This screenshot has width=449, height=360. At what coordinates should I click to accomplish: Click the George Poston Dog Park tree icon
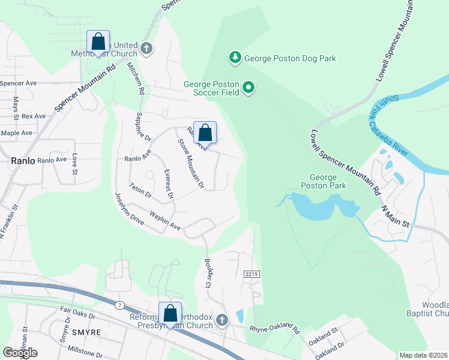point(235,58)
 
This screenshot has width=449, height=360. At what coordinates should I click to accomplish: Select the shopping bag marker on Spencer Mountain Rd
point(98,43)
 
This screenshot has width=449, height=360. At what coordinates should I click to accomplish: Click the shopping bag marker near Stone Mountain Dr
point(205,133)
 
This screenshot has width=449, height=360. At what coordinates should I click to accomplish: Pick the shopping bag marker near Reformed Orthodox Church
point(170,314)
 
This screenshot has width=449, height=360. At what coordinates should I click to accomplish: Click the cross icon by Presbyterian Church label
point(222,320)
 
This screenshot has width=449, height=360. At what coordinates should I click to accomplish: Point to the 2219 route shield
point(252,274)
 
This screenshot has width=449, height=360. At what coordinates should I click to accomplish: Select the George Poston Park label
point(328,181)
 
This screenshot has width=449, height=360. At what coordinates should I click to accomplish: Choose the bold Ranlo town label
point(22,160)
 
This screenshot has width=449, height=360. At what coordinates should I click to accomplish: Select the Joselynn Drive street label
point(130,208)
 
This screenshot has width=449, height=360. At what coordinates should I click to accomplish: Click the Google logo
point(20,352)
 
